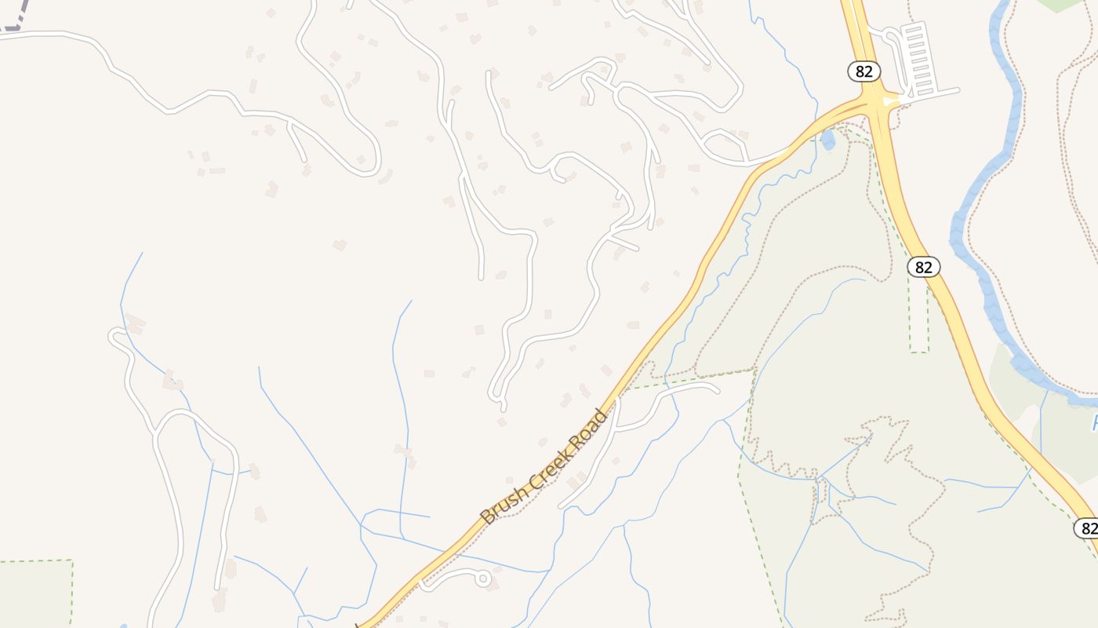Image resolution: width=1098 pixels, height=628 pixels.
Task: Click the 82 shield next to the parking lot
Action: click(x=863, y=71)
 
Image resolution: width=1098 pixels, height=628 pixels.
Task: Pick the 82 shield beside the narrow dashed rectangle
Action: click(x=924, y=267)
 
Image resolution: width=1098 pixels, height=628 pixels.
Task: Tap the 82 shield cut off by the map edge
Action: click(x=1087, y=528)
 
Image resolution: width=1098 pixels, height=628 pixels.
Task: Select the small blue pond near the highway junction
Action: click(x=827, y=141)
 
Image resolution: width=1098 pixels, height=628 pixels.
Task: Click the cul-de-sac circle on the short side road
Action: click(x=483, y=579)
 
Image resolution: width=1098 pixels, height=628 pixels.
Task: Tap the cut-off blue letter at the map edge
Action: click(x=1094, y=424)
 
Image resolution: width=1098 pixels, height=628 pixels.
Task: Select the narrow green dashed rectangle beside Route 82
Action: click(x=918, y=314)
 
